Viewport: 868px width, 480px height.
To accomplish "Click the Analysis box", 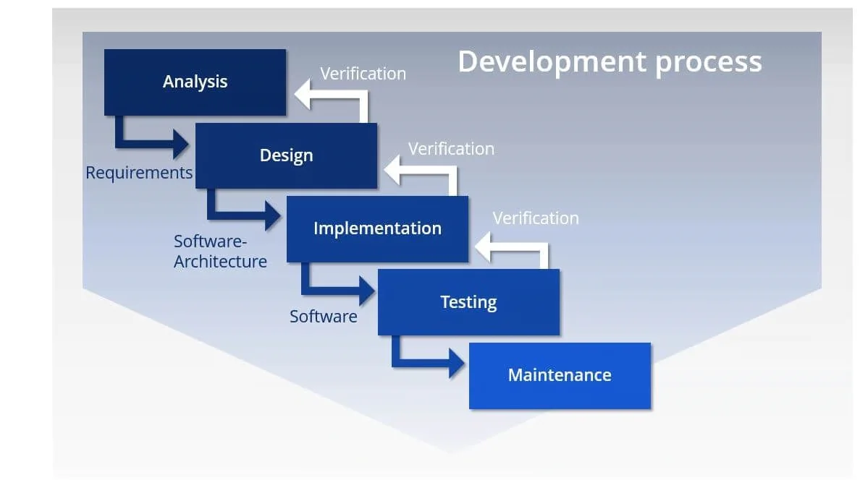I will [195, 82].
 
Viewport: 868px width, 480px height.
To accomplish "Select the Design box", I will [286, 155].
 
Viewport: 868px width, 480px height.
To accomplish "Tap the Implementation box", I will [377, 228].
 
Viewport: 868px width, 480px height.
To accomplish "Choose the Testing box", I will [468, 301].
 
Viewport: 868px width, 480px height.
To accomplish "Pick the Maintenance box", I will [560, 375].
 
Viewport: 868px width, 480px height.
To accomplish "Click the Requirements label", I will [139, 173].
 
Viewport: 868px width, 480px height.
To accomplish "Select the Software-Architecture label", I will [220, 251].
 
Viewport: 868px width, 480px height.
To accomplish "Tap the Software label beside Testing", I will [324, 317].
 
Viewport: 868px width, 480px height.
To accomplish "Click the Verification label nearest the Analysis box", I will [363, 74].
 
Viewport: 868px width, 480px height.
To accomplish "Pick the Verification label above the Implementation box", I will [451, 149].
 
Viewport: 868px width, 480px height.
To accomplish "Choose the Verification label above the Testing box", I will [536, 218].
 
